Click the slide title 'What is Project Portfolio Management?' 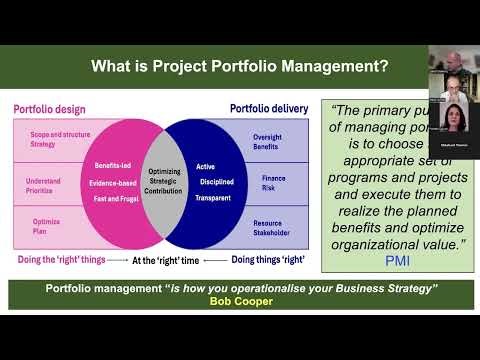click(240, 68)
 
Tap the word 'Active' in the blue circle click(205, 165)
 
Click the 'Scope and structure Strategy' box click(50, 139)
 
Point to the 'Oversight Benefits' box click(270, 145)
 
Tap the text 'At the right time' click(163, 260)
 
